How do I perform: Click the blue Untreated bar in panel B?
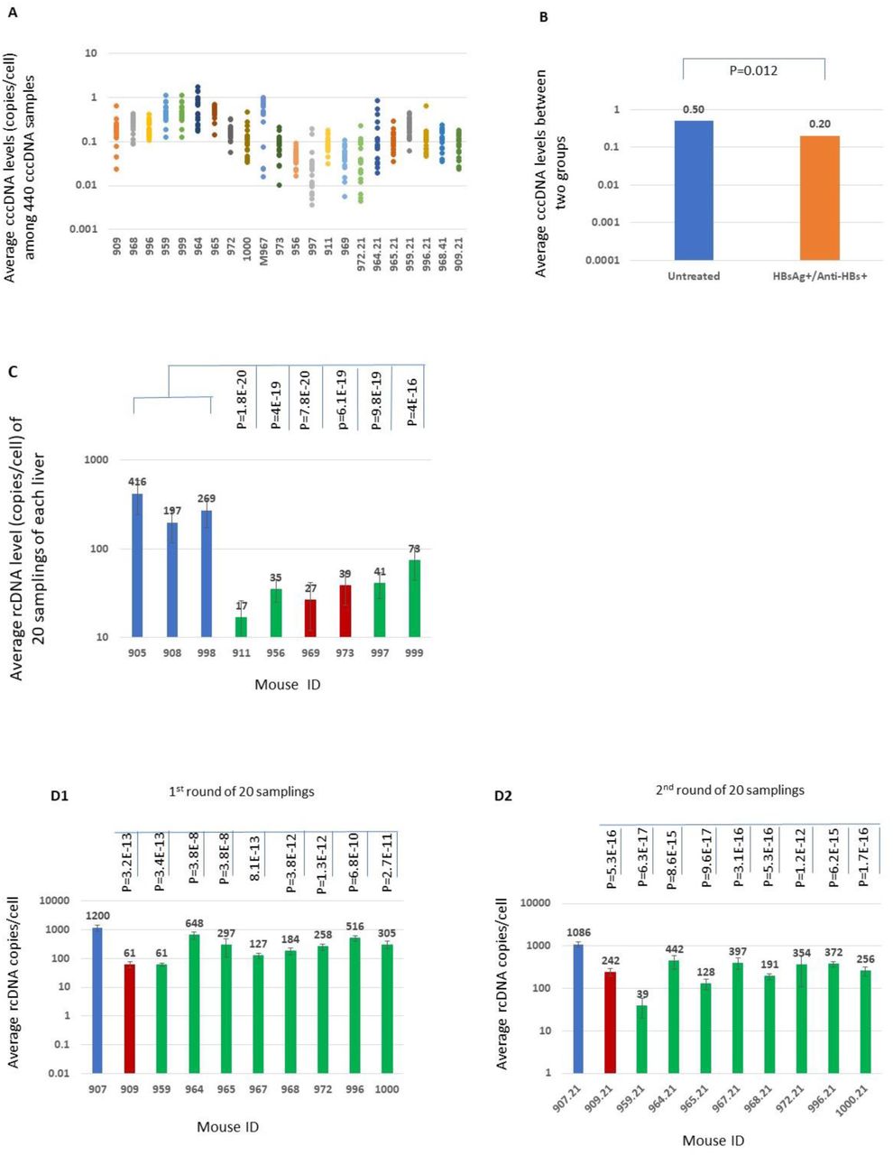pos(694,189)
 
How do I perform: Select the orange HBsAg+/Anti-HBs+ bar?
pos(819,198)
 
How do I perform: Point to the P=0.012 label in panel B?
pos(754,70)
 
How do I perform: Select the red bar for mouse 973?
pos(345,611)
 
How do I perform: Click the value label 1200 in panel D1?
pos(97,916)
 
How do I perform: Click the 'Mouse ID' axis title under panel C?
pos(287,684)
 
